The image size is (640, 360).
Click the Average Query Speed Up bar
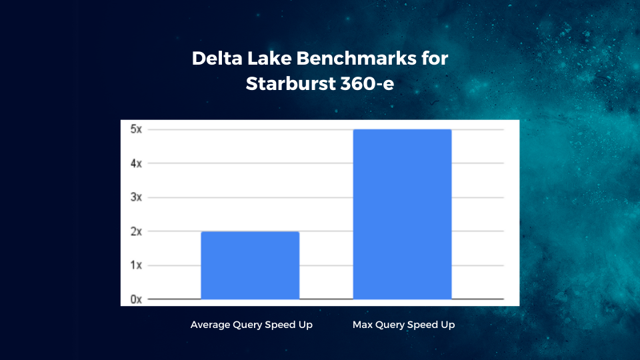click(250, 265)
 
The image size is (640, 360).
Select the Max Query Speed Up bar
click(403, 214)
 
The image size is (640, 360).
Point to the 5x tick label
click(136, 129)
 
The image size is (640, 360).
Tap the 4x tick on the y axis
click(136, 164)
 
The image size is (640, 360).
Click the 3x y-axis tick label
click(136, 197)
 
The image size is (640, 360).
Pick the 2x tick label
click(136, 231)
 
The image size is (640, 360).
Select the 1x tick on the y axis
click(136, 265)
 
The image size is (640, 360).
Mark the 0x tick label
click(136, 299)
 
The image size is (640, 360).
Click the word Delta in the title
click(217, 58)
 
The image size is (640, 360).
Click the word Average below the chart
click(210, 325)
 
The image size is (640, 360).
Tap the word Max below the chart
click(363, 325)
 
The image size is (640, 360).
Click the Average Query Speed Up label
click(251, 325)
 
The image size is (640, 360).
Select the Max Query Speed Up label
click(404, 325)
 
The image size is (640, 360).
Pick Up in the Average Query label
click(306, 325)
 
